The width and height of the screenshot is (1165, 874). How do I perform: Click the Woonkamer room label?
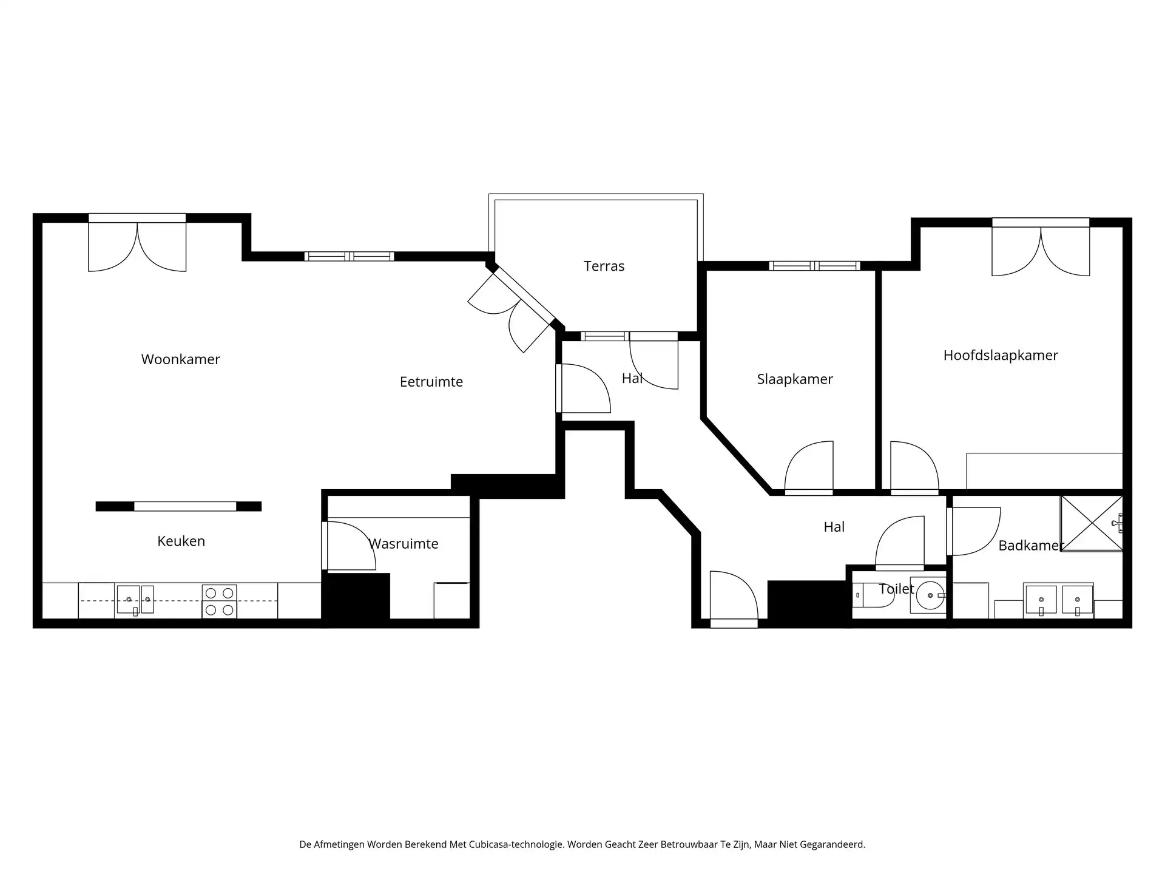pyautogui.click(x=180, y=359)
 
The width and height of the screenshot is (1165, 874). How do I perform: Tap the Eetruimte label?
pyautogui.click(x=431, y=382)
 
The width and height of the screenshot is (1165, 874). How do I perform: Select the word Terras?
pyautogui.click(x=604, y=266)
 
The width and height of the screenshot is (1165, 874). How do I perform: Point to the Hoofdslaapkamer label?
pyautogui.click(x=1000, y=356)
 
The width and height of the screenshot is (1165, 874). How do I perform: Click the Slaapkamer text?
pyautogui.click(x=794, y=379)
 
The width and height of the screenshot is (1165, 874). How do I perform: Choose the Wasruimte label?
pyautogui.click(x=404, y=544)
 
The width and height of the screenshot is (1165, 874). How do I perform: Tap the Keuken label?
pyautogui.click(x=181, y=541)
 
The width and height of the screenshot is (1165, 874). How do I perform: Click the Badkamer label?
pyautogui.click(x=1030, y=546)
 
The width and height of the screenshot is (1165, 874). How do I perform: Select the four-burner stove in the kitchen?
pyautogui.click(x=219, y=601)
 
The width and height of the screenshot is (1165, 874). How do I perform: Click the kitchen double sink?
pyautogui.click(x=135, y=600)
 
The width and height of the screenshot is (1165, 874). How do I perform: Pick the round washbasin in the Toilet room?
pyautogui.click(x=929, y=595)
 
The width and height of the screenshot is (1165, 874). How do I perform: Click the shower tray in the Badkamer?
pyautogui.click(x=1091, y=523)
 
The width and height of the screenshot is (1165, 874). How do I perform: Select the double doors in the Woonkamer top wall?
pyautogui.click(x=137, y=246)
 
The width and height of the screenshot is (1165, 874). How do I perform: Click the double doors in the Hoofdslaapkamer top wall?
pyautogui.click(x=1040, y=250)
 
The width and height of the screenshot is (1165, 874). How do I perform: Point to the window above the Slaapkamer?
pyautogui.click(x=814, y=266)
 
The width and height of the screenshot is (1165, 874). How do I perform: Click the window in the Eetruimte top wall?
pyautogui.click(x=349, y=257)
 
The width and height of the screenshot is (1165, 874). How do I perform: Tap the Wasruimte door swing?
pyautogui.click(x=350, y=546)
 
